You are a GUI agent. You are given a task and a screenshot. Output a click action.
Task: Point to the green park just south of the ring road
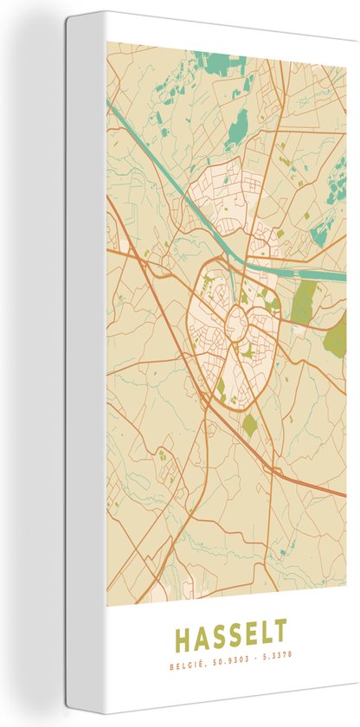[x=249, y=424]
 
